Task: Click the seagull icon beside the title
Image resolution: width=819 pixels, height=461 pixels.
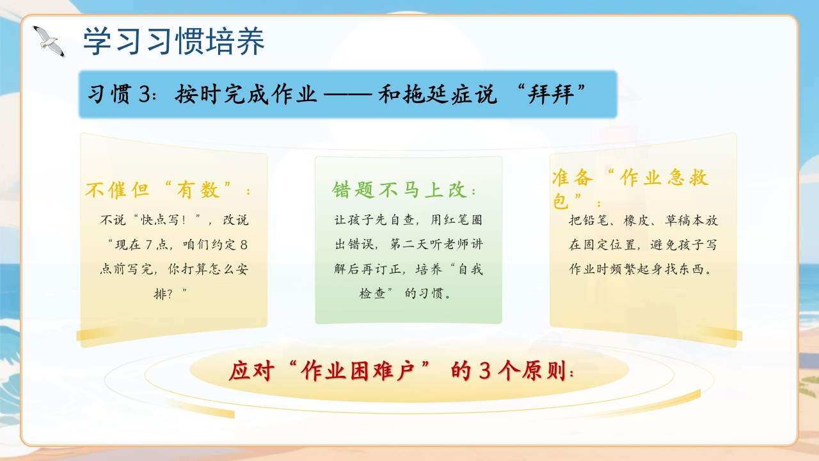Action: [49, 42]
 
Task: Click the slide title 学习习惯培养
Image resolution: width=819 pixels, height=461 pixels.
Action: [173, 41]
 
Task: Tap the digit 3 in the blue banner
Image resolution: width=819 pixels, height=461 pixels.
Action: [145, 94]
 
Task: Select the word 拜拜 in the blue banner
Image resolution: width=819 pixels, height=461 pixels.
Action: [551, 94]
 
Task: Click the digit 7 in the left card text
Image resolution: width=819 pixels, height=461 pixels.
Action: [148, 245]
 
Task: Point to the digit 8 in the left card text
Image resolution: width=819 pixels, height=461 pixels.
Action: [244, 245]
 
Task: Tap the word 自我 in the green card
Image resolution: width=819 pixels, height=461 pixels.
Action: [471, 270]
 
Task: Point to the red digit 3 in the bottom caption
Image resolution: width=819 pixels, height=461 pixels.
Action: [484, 371]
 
